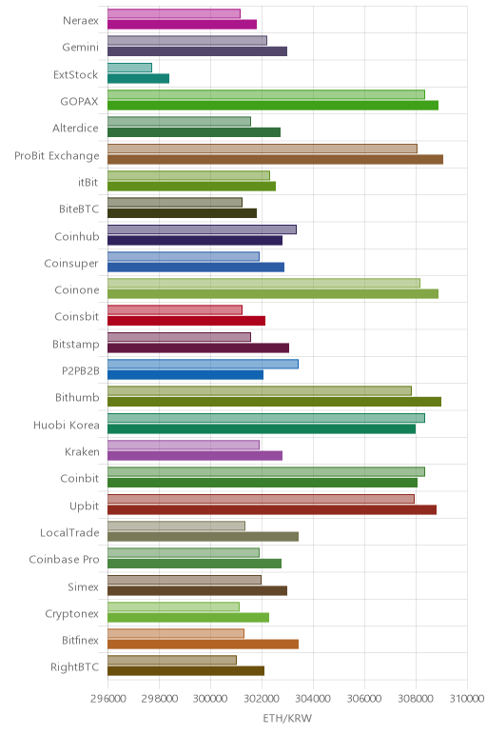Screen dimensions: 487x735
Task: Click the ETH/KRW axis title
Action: click(x=287, y=718)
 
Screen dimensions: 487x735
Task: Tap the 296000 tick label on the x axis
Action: click(x=108, y=699)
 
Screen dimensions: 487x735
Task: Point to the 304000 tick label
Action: click(x=313, y=699)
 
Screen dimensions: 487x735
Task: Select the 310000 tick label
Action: click(x=466, y=699)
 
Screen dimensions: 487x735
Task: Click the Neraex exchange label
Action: click(x=81, y=21)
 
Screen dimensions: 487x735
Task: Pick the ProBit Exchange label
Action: click(x=57, y=155)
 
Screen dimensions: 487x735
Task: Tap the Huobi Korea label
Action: click(x=66, y=426)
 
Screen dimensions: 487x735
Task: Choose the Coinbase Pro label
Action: click(x=64, y=559)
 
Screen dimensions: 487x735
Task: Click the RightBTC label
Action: click(x=74, y=667)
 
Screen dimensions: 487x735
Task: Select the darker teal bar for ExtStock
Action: click(x=138, y=78)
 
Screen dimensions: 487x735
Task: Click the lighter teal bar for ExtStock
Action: click(x=129, y=68)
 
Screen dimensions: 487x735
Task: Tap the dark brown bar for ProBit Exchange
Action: click(x=275, y=159)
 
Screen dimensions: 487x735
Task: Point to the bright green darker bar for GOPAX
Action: click(x=273, y=106)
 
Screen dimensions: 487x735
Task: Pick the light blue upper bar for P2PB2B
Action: click(x=203, y=364)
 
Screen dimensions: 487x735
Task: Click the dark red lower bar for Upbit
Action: click(x=272, y=509)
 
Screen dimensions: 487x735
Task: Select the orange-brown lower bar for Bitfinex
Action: click(x=204, y=644)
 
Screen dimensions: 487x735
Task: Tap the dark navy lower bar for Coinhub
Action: click(x=195, y=241)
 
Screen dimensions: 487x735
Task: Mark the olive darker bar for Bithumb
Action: click(x=274, y=402)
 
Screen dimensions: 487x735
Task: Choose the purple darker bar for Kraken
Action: click(x=195, y=456)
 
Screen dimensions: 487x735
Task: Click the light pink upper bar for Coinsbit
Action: click(x=175, y=309)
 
